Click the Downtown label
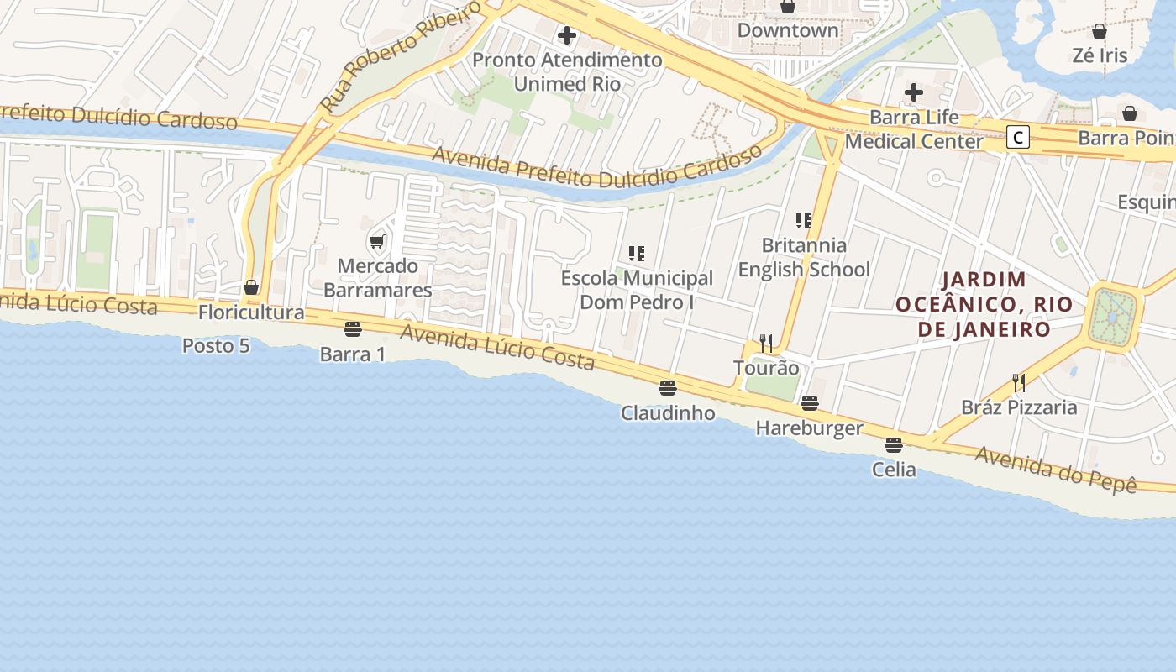pyautogui.click(x=787, y=31)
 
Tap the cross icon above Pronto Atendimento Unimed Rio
pyautogui.click(x=567, y=35)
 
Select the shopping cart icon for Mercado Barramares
pyautogui.click(x=377, y=242)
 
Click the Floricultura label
pyautogui.click(x=251, y=312)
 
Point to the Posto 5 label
pyautogui.click(x=216, y=345)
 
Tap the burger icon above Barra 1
pyautogui.click(x=353, y=328)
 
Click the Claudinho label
pyautogui.click(x=668, y=413)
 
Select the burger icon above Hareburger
pyautogui.click(x=810, y=403)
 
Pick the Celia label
pyautogui.click(x=894, y=470)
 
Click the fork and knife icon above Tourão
pyautogui.click(x=766, y=344)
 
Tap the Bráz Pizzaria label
pyautogui.click(x=1019, y=408)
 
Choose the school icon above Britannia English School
pyautogui.click(x=804, y=221)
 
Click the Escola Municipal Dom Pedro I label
pyautogui.click(x=637, y=290)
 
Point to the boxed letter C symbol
pyautogui.click(x=1018, y=137)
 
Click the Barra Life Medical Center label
pyautogui.click(x=914, y=129)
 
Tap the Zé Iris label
pyautogui.click(x=1100, y=56)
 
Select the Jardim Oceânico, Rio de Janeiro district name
pyautogui.click(x=984, y=304)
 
